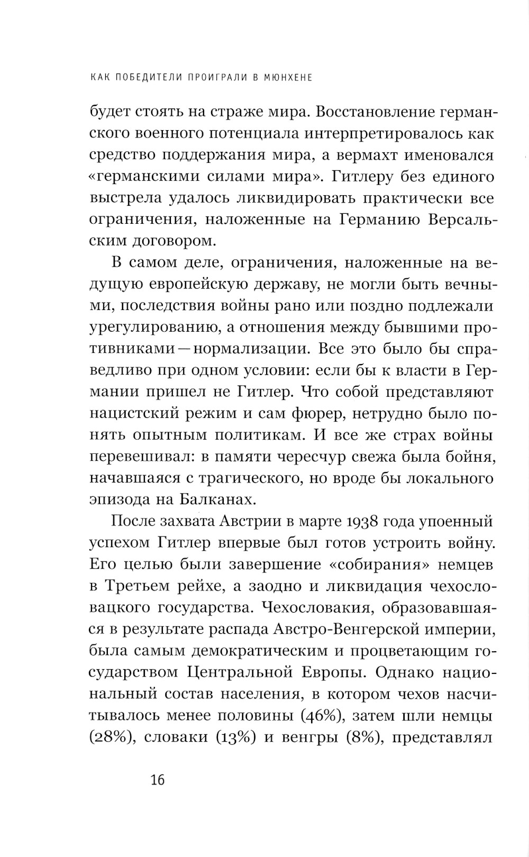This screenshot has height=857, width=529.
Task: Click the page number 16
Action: point(158,780)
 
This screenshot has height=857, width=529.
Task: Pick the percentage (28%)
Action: point(110,737)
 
